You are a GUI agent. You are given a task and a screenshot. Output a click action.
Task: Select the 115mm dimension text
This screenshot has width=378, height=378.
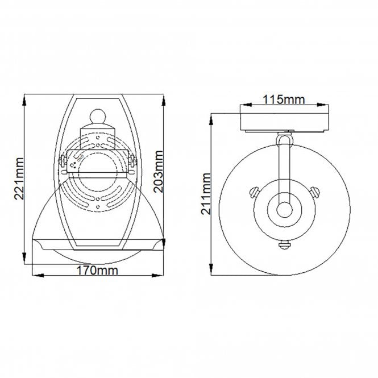284,100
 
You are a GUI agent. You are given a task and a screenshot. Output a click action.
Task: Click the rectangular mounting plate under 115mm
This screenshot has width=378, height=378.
284,121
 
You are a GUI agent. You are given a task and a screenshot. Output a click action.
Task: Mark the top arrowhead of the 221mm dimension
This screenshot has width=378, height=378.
24,98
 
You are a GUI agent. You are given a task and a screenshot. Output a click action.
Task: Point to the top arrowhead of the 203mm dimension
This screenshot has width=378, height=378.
164,98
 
